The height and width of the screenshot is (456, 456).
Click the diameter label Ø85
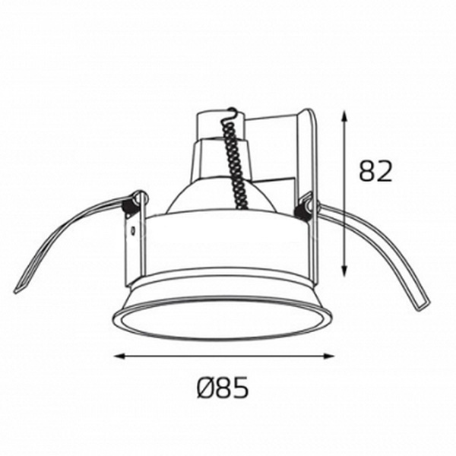point(223,388)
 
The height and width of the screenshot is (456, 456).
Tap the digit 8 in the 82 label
point(366,172)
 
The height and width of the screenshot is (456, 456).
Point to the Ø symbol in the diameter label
point(204,388)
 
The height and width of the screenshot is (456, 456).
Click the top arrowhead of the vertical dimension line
point(345,114)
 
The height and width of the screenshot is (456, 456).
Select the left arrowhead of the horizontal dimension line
point(118,355)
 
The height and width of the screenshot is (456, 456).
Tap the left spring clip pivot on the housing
point(138,199)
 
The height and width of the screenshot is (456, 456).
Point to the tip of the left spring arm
point(19,290)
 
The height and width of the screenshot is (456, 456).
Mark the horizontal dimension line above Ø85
point(224,355)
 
